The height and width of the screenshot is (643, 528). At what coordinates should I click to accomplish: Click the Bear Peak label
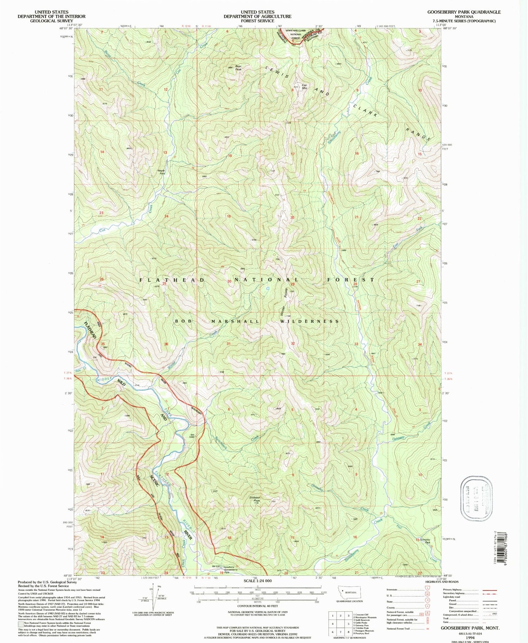pos(239,68)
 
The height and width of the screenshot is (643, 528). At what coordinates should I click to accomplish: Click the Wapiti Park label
pos(161,172)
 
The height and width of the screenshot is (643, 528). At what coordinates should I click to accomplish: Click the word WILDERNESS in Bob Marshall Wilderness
pos(309,321)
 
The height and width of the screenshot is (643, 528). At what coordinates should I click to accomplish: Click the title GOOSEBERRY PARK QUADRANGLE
pos(464,12)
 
